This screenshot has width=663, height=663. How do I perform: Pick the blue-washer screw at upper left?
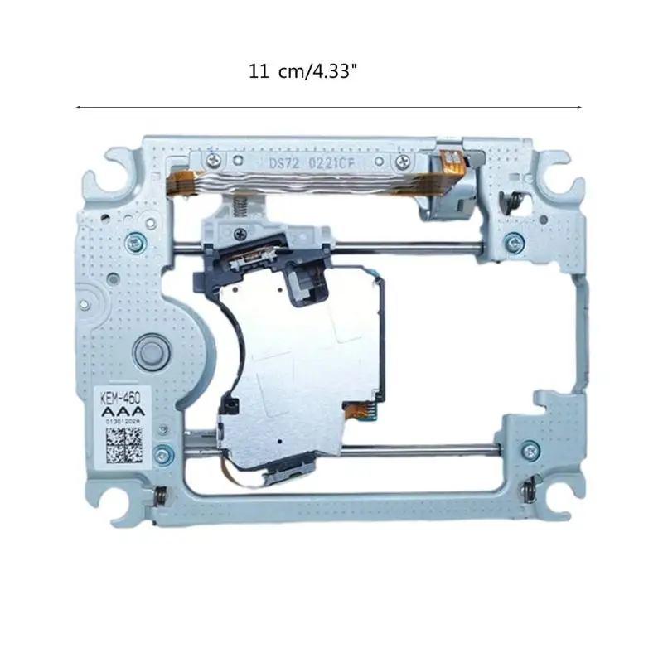tap(133, 242)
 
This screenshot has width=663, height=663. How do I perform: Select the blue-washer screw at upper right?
tap(515, 243)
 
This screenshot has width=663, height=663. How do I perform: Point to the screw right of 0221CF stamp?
tap(403, 160)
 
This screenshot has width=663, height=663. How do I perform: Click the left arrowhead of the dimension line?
tap(78, 108)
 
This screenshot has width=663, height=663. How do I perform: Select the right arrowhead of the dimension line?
tap(579, 108)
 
